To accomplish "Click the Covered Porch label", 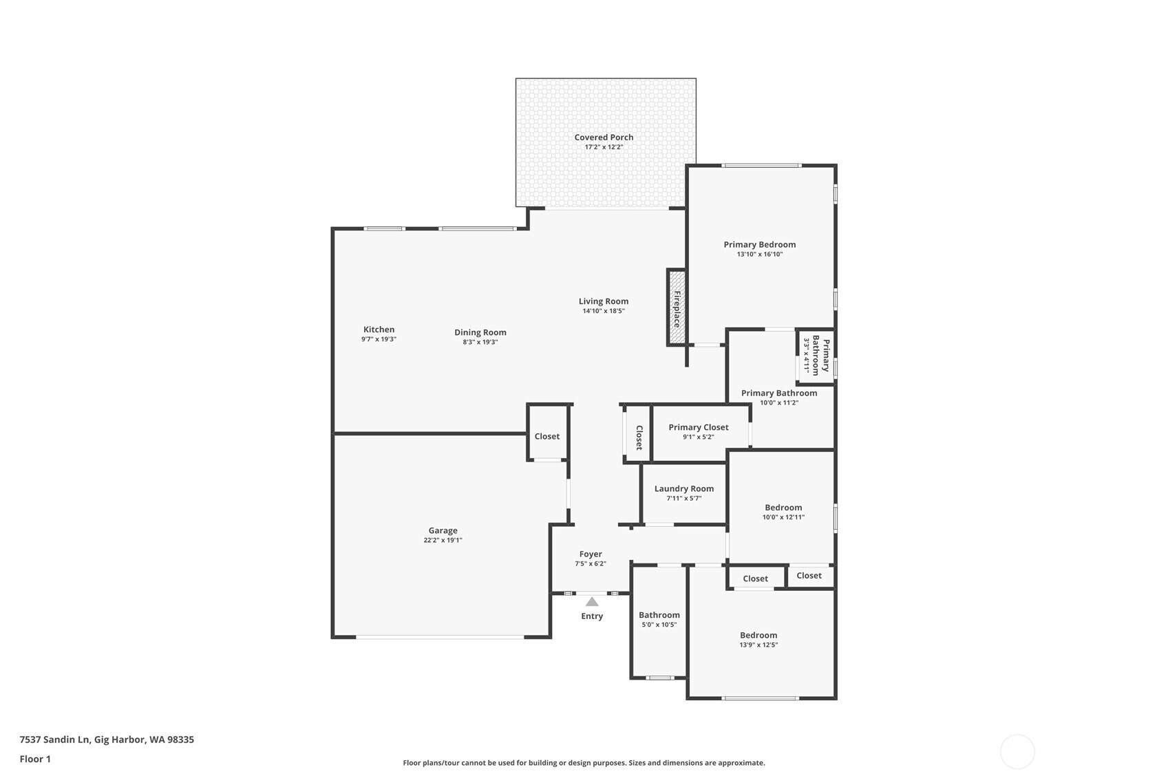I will [x=604, y=138].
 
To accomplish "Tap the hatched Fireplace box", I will [x=677, y=307].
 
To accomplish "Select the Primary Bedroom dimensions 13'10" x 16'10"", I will [x=759, y=255].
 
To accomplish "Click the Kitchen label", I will [x=379, y=329].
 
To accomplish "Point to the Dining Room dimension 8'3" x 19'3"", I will [x=480, y=342].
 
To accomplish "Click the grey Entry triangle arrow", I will [x=592, y=601].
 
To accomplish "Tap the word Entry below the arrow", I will [x=592, y=616].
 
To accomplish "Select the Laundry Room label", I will [x=683, y=488].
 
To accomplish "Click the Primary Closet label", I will [x=698, y=427].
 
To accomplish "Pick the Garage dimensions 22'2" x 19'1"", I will [x=443, y=541].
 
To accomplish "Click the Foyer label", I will [x=591, y=554].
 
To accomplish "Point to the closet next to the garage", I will [x=547, y=436].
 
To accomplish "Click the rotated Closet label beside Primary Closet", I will [x=639, y=437].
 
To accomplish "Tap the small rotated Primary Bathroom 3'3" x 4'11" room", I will [x=816, y=356].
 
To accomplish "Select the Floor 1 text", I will [x=35, y=759].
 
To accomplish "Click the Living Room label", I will [x=603, y=301].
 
